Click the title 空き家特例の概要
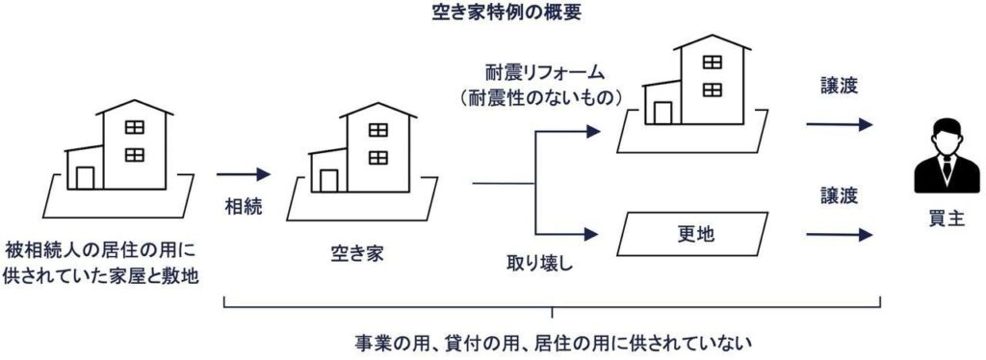point(492,14)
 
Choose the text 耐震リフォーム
point(546,73)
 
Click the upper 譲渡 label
point(836,87)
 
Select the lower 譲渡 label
point(836,195)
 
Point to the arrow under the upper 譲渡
point(839,124)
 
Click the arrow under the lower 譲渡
point(839,234)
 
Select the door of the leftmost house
point(86,178)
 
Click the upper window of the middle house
point(377,129)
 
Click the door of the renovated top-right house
point(662,112)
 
